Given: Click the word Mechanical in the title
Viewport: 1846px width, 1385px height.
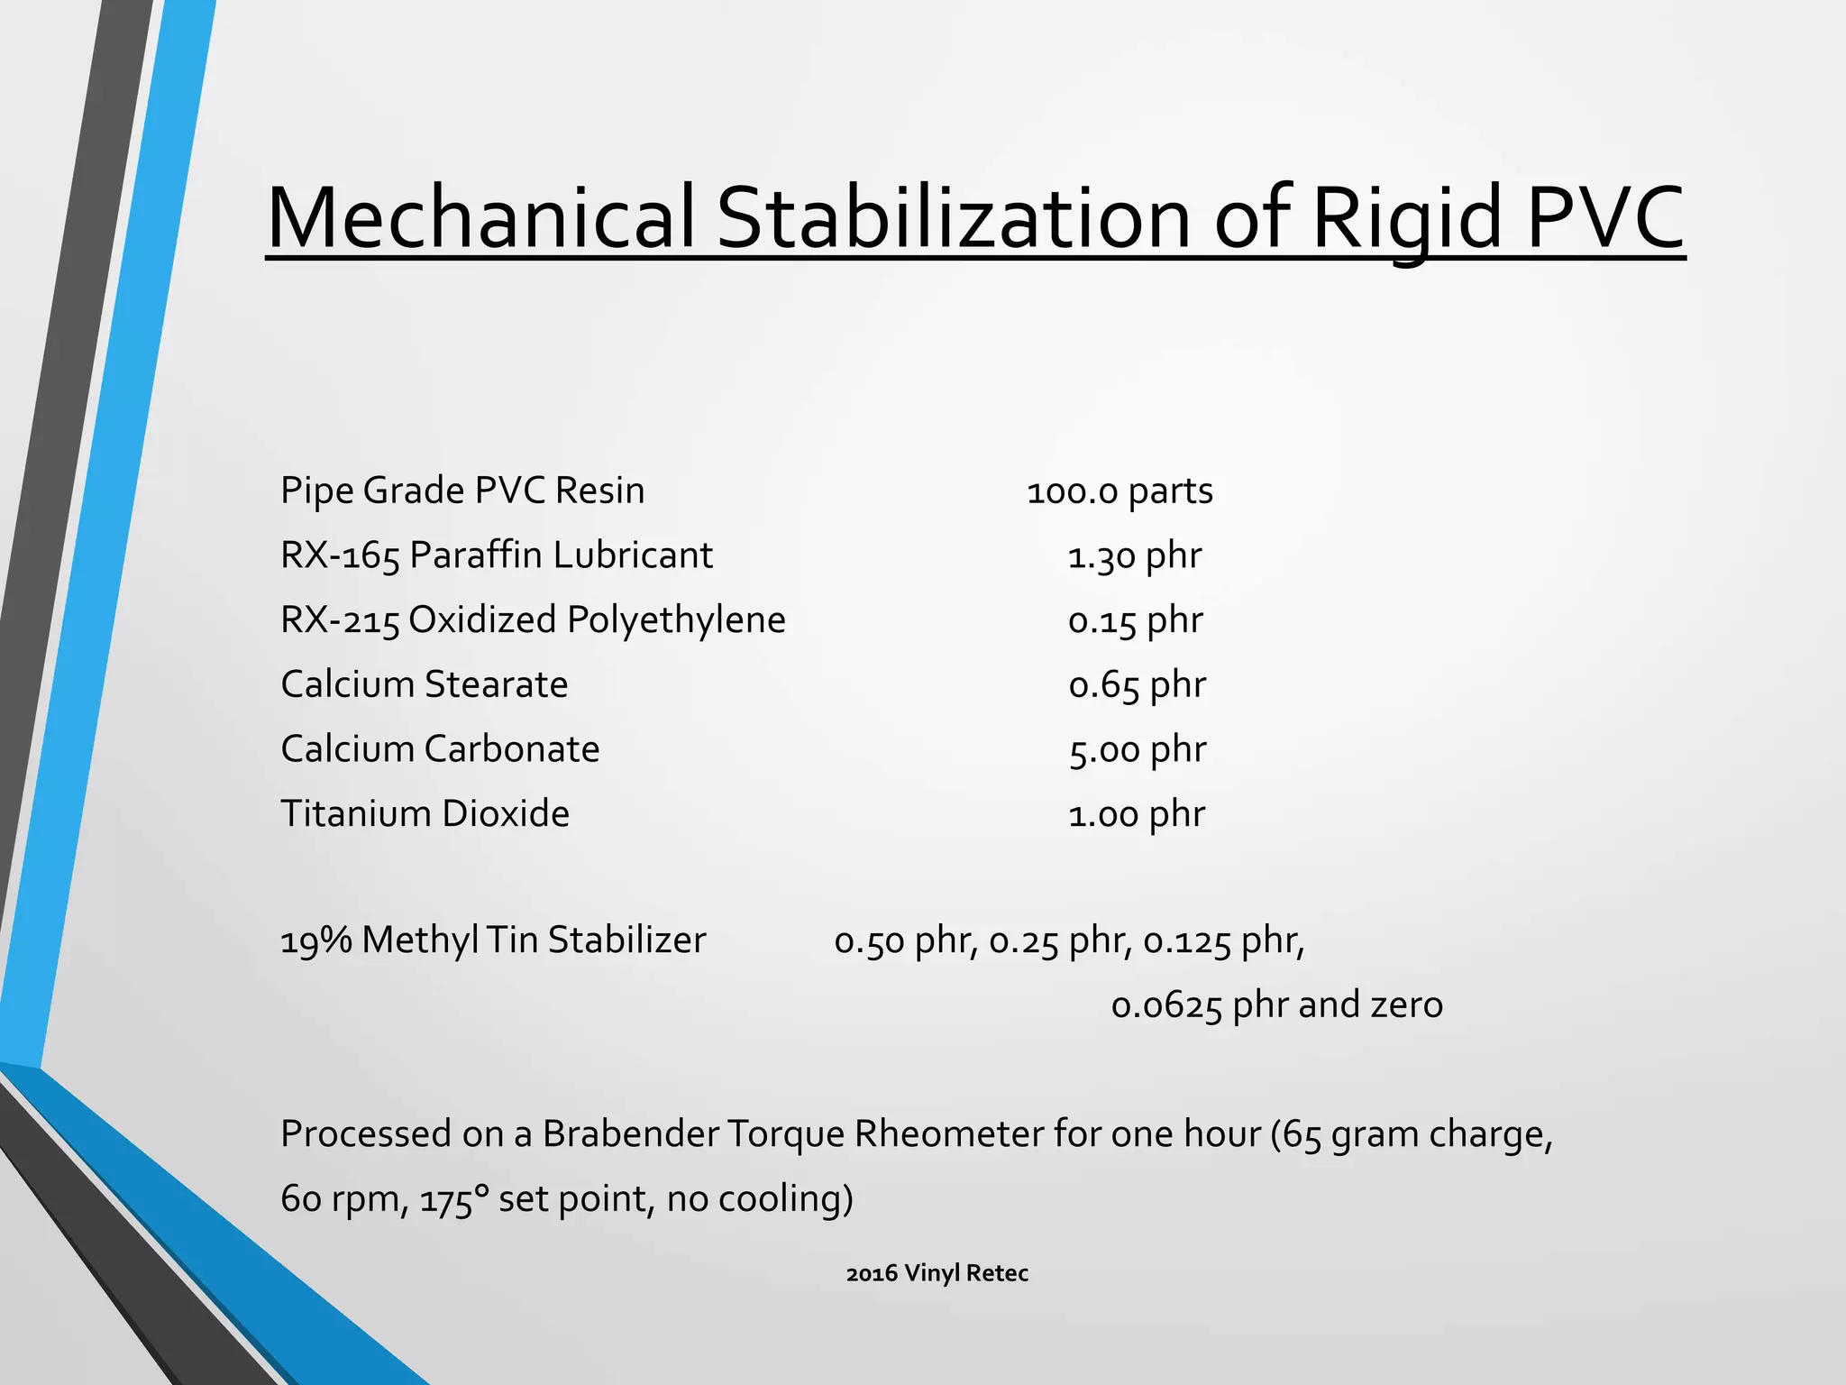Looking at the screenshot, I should [x=480, y=218].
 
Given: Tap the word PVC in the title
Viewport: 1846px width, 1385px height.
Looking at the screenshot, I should [x=1605, y=218].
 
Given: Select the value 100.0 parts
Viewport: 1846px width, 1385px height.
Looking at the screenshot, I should [x=1119, y=491].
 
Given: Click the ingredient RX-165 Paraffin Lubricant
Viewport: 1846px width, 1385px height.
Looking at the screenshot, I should [x=497, y=555].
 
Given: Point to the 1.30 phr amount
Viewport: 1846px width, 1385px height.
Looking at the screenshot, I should [x=1134, y=556].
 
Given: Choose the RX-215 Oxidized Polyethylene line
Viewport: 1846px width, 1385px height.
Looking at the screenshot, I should [x=533, y=620].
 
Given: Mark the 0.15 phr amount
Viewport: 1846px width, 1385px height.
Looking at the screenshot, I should [x=1135, y=621].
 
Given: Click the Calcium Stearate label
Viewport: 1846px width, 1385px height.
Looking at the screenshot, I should [x=425, y=684].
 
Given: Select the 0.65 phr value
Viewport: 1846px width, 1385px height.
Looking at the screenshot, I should [x=1137, y=685].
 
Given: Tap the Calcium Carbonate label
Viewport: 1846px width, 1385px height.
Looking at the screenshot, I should [x=440, y=749].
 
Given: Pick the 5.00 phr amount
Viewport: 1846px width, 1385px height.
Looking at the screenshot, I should [x=1137, y=750].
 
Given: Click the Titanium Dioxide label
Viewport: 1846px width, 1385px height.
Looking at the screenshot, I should [x=425, y=814].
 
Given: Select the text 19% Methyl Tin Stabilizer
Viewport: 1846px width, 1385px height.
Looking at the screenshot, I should [x=493, y=940].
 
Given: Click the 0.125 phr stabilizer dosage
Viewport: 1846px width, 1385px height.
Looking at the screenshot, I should [x=1223, y=941].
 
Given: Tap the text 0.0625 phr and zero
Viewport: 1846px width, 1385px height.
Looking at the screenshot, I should [x=1276, y=1005].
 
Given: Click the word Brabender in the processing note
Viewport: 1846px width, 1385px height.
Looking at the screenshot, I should [x=643, y=1134].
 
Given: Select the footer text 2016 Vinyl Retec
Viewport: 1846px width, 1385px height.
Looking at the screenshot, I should [x=937, y=1273].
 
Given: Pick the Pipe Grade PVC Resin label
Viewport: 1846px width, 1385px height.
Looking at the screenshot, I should [x=462, y=491].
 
